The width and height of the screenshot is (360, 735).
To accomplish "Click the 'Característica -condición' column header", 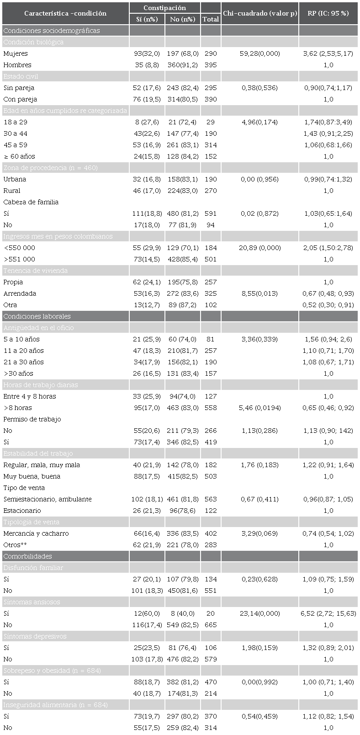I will [x=65, y=13].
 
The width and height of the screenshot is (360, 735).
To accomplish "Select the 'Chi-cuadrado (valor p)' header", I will [x=259, y=13].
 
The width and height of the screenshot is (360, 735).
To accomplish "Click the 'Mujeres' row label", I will [x=15, y=53].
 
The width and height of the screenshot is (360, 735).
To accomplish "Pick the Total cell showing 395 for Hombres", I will [x=210, y=65].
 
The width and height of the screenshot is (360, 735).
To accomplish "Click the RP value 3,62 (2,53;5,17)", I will [x=328, y=53].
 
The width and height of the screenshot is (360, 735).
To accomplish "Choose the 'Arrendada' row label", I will [x=20, y=293].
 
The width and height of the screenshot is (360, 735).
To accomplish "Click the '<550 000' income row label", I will [x=19, y=248].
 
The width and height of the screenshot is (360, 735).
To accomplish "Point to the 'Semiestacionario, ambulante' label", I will [x=48, y=499].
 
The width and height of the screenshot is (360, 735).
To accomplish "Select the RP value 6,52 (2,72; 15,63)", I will [x=328, y=613].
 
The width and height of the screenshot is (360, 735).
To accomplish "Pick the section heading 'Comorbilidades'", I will [x=27, y=556].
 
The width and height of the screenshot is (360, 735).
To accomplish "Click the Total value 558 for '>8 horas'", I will [x=210, y=408].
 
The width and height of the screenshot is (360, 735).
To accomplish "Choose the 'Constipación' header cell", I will [x=164, y=8].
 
